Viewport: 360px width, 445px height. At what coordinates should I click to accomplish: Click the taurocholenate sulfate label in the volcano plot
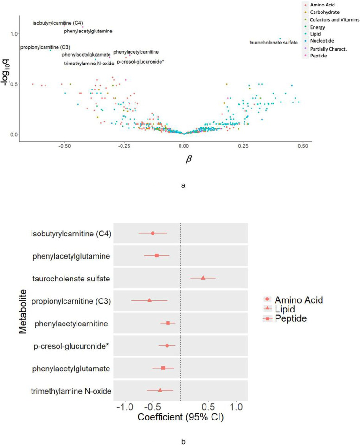point(273,43)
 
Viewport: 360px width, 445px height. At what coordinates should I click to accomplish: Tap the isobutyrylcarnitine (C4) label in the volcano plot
point(58,23)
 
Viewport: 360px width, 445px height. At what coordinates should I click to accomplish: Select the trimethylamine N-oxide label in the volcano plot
point(89,63)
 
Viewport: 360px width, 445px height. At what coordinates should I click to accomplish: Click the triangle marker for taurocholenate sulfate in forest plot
point(203,278)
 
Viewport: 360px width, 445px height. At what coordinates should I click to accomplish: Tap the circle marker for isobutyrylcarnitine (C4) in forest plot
point(153,233)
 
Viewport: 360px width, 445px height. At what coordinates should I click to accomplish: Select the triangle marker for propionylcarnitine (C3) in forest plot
point(149,300)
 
